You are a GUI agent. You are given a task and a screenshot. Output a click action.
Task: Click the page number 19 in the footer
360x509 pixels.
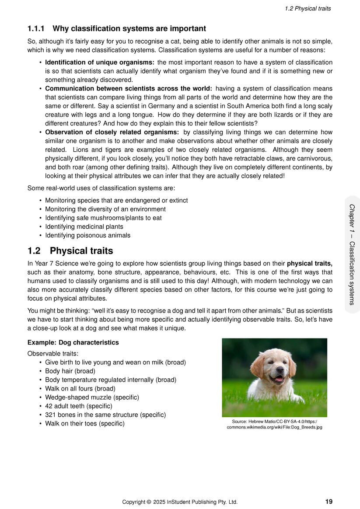tap(329, 502)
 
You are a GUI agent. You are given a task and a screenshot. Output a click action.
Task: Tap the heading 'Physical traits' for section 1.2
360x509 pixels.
tap(81, 251)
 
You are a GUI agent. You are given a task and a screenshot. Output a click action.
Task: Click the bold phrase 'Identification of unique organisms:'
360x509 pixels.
tap(100, 63)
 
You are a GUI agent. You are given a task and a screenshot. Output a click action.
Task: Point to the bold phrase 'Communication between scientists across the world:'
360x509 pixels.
tap(129, 89)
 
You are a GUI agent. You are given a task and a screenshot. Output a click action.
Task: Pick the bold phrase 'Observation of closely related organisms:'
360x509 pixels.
tap(112, 132)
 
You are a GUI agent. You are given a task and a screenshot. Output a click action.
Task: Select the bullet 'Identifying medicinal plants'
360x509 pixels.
tap(84, 227)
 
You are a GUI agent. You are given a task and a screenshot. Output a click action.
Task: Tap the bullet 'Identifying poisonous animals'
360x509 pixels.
tap(87, 235)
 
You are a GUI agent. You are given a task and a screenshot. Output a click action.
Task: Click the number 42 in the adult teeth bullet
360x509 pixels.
tap(49, 406)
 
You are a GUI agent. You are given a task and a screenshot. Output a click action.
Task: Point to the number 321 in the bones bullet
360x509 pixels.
tap(50, 415)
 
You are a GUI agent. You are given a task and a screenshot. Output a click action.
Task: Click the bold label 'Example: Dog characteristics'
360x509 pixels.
tap(73, 342)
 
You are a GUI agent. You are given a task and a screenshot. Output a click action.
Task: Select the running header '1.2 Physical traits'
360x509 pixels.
tap(308, 8)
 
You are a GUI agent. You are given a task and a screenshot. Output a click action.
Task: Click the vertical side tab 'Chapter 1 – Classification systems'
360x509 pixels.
tap(352, 254)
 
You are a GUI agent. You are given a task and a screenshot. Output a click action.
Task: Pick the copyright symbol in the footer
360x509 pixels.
tap(149, 502)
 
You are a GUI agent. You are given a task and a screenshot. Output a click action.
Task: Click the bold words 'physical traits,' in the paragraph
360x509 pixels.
tap(310, 264)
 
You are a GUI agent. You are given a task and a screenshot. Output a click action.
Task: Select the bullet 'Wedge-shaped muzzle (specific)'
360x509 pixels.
tap(92, 397)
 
